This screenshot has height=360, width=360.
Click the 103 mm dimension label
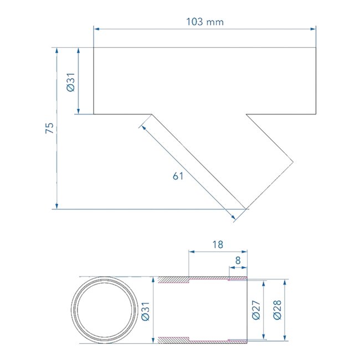[x=204, y=22]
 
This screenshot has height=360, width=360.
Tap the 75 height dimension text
[x=50, y=128]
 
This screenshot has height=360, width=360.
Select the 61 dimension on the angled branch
[x=178, y=176]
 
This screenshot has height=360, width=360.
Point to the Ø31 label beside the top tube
[x=71, y=82]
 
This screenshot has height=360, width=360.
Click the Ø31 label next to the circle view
[x=146, y=311]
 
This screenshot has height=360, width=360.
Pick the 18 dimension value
[x=218, y=245]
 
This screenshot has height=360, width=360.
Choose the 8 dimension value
[x=238, y=261]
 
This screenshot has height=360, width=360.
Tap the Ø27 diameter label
[x=256, y=310]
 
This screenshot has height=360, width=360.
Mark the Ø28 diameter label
[x=277, y=310]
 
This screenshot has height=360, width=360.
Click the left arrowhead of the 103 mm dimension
[x=97, y=29]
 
